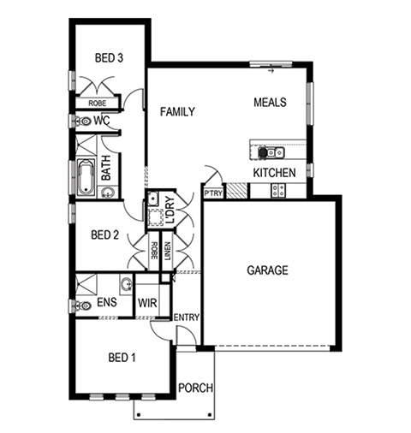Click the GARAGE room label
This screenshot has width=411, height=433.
(267, 270)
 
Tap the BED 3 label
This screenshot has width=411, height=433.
(109, 58)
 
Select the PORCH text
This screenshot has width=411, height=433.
(195, 388)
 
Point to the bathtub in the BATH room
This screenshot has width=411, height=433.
(86, 177)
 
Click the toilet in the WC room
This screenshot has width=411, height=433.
(82, 122)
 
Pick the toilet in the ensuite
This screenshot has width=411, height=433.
(82, 305)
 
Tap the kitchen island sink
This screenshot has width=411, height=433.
(275, 152)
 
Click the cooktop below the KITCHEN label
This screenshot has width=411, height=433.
(277, 190)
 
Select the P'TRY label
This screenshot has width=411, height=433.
(213, 193)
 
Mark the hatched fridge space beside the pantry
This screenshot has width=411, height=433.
(236, 191)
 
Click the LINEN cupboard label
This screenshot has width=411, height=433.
(168, 252)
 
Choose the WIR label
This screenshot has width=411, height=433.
(147, 303)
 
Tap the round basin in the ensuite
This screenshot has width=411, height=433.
(126, 284)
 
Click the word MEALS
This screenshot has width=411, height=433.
(270, 102)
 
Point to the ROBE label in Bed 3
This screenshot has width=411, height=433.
(97, 103)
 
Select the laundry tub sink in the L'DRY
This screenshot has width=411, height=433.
(153, 199)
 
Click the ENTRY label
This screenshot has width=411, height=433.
(187, 317)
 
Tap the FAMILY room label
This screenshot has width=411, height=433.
(177, 111)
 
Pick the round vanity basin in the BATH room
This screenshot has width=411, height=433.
(108, 192)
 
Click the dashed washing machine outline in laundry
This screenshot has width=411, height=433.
(156, 217)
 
